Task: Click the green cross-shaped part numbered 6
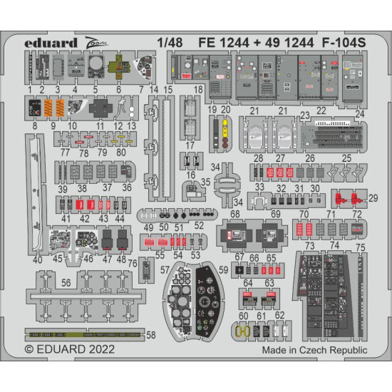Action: [117, 69]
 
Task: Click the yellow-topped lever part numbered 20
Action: [225, 133]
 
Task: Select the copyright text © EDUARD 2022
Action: [68, 350]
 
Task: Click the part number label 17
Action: [189, 146]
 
